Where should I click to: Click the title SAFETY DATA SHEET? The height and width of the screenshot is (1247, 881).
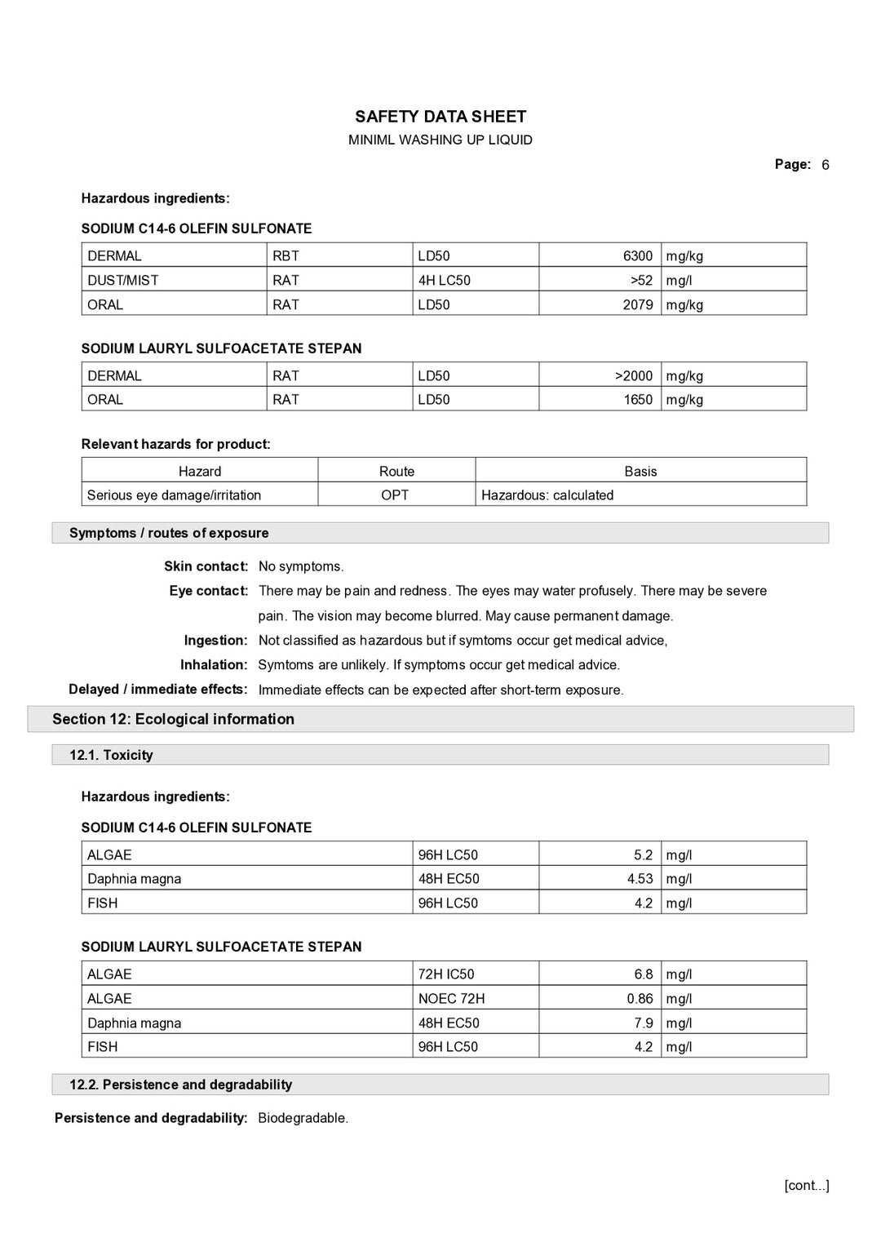(440, 117)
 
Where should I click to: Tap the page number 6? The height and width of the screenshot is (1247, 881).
(825, 165)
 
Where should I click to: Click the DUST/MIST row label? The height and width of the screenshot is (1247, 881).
(123, 280)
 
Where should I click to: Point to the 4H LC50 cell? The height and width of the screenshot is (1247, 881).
(445, 280)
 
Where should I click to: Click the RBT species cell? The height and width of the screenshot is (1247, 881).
(286, 255)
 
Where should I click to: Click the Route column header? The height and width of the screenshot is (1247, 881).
(396, 471)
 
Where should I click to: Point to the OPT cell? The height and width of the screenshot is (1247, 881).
(395, 495)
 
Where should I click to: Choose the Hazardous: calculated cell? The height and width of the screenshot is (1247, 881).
(547, 495)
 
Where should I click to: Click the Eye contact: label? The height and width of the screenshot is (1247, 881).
(208, 591)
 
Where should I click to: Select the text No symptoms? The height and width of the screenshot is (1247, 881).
(301, 566)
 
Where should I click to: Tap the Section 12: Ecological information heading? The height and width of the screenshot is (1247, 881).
(173, 719)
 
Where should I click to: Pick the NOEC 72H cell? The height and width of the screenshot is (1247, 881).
(451, 998)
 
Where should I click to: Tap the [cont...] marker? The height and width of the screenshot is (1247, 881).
(806, 1185)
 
